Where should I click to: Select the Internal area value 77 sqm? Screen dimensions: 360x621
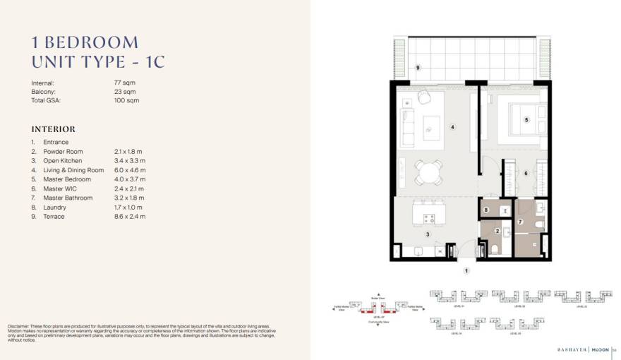tap(123, 83)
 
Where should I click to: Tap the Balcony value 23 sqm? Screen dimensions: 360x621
tap(124, 92)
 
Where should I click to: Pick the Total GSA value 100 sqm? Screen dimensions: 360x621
tap(126, 101)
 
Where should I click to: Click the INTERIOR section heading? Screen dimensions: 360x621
tap(53, 129)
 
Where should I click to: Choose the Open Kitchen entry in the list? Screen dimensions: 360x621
tap(62, 161)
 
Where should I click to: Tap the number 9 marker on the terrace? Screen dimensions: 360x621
tap(418, 67)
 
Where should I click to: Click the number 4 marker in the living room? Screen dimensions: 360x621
tap(452, 128)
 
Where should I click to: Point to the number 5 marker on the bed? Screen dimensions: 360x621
tap(526, 120)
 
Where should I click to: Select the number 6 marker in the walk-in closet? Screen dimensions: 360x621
tap(526, 173)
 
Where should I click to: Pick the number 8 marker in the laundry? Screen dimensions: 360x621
tap(487, 210)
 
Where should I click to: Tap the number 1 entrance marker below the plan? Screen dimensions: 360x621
tap(466, 271)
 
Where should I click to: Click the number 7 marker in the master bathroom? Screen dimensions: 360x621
tap(521, 222)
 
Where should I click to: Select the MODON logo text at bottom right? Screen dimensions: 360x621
tap(599, 349)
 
